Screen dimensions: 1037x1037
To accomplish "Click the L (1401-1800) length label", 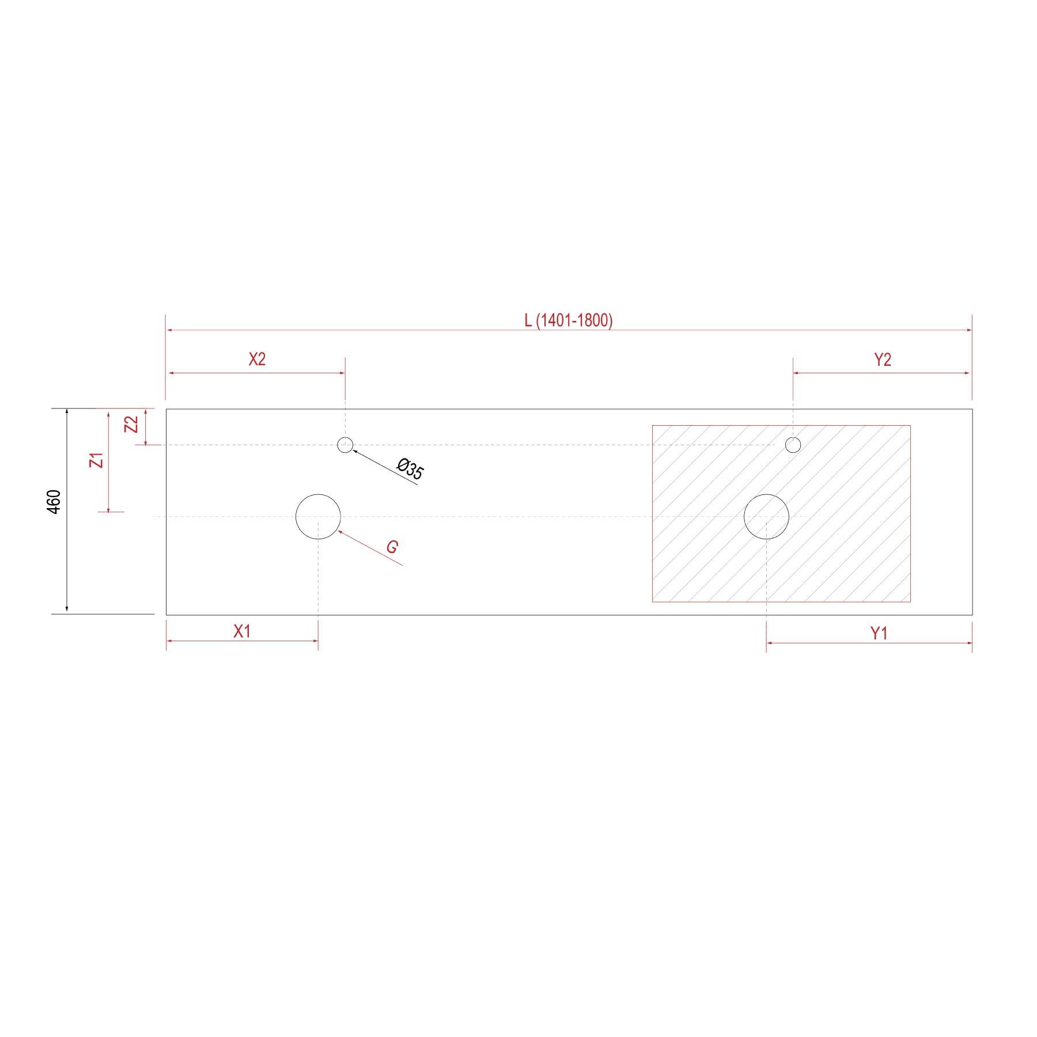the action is coord(568,320).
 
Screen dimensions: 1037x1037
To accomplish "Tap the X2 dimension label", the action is coord(257,359).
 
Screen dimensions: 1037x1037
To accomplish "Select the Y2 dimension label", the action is coord(883,359).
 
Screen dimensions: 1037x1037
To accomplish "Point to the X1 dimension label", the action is coord(242,632).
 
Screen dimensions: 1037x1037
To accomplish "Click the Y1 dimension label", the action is coord(879,634).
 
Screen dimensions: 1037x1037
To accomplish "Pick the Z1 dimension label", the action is coord(99,460).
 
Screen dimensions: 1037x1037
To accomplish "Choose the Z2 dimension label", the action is coord(132,425).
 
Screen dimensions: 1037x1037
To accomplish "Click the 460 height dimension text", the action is coord(54,502).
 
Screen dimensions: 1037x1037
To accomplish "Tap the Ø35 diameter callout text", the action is coord(411,469).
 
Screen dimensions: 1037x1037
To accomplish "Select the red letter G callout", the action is coord(392,547).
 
